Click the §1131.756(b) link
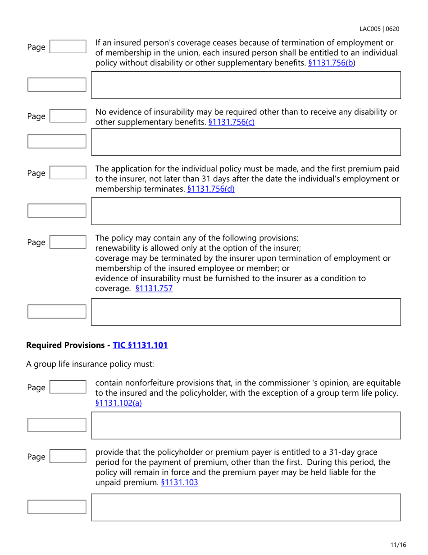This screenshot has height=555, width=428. pyautogui.click(x=332, y=63)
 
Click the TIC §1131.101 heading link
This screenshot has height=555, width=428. pyautogui.click(x=140, y=345)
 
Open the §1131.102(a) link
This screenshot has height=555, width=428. pyautogui.click(x=119, y=403)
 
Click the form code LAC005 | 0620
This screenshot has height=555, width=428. pyautogui.click(x=379, y=29)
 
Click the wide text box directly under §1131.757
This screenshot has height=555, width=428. pyautogui.click(x=246, y=312)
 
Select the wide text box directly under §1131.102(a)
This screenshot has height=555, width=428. pyautogui.click(x=246, y=425)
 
